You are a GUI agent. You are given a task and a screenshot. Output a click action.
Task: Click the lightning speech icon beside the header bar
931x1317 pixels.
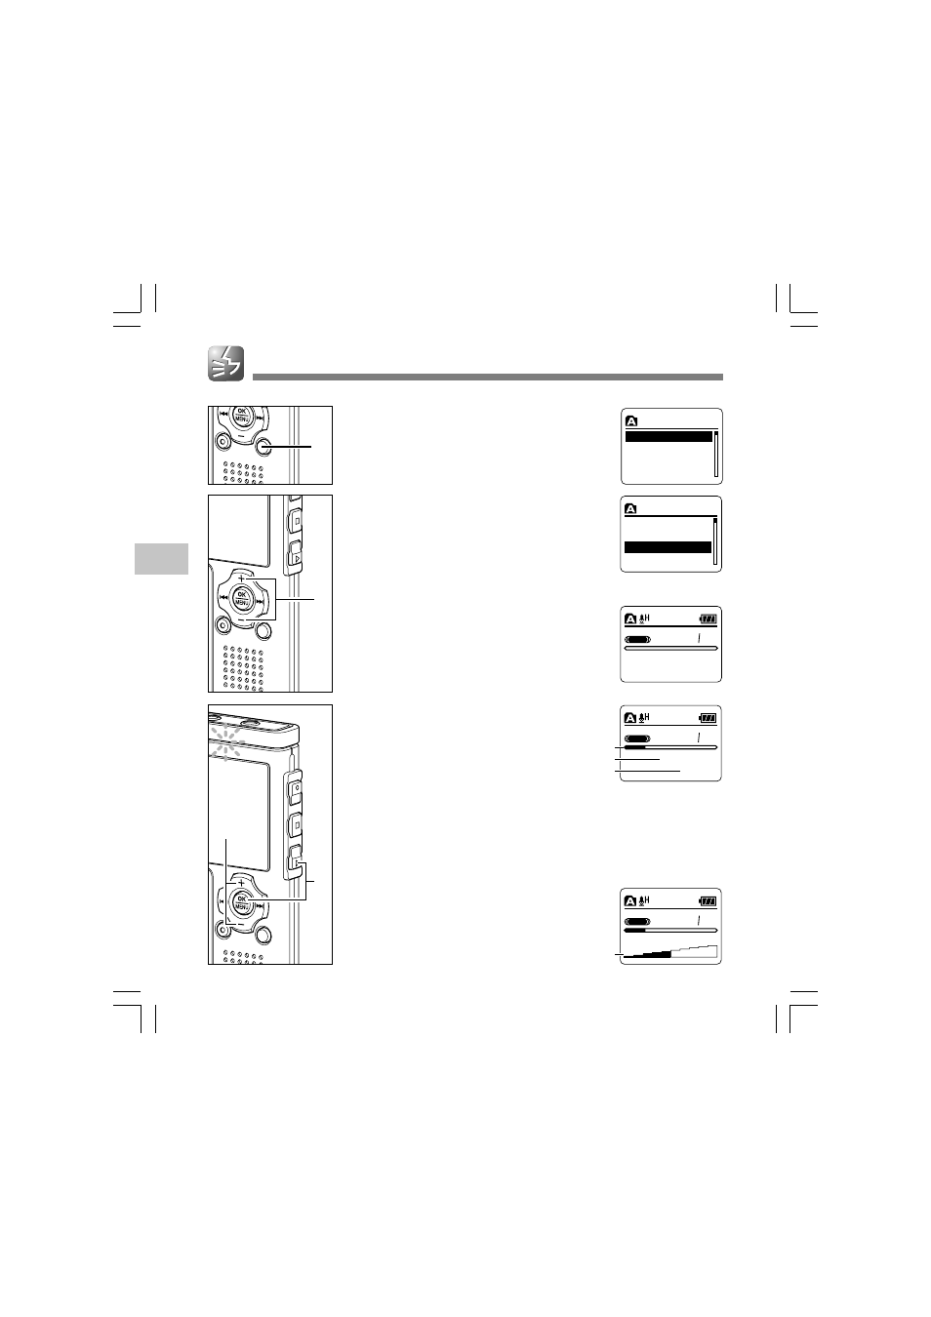(225, 364)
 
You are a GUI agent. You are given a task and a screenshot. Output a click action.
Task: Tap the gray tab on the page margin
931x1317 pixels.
(161, 559)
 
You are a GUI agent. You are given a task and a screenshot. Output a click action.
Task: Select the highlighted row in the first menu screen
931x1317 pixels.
(668, 437)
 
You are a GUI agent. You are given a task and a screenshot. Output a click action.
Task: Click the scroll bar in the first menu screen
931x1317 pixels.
(715, 454)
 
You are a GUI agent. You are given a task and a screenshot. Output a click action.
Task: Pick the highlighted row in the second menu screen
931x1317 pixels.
(668, 547)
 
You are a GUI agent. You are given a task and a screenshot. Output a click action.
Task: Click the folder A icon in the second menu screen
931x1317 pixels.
(630, 508)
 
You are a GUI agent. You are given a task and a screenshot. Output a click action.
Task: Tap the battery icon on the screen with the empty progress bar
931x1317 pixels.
(708, 619)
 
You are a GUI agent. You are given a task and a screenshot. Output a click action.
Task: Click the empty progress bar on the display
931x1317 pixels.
(671, 648)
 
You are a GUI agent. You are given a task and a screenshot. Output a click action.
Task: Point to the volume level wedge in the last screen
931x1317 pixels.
(669, 951)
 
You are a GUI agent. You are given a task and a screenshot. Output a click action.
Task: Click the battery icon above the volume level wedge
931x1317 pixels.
(708, 900)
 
